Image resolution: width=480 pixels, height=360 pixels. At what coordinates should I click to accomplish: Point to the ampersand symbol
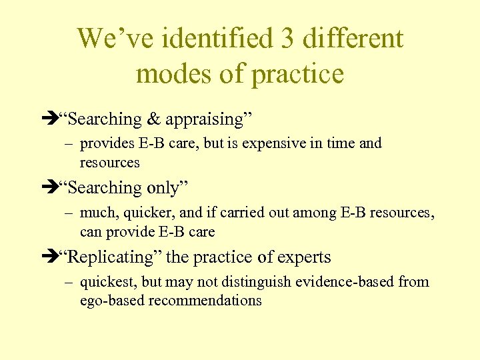click(153, 120)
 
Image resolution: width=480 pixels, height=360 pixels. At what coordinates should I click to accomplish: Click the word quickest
click(103, 282)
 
